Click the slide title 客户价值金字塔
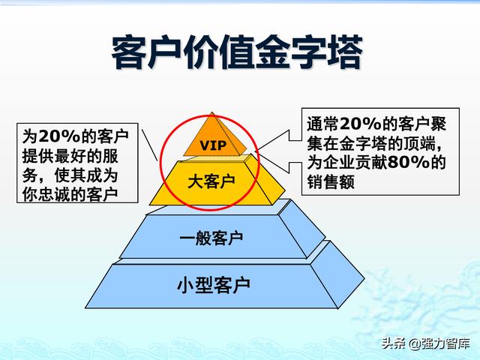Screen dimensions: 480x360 tap(237, 52)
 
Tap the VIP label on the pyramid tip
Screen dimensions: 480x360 tap(213, 145)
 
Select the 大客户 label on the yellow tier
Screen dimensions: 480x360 tap(211, 181)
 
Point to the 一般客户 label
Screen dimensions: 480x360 tap(211, 238)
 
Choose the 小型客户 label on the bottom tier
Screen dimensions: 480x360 tap(214, 285)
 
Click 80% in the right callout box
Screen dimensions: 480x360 tap(409, 162)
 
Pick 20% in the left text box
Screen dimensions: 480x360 tap(60, 136)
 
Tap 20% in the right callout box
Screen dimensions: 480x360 tap(361, 124)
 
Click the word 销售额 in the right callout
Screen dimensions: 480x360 tap(331, 181)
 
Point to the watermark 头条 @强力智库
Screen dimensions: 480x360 tap(426, 343)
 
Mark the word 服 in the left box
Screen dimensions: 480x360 tap(110, 156)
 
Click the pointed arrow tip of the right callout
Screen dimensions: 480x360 tap(256, 150)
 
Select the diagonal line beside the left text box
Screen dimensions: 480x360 tap(150, 145)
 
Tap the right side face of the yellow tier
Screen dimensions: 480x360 tap(265, 179)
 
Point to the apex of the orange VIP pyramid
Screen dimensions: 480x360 tap(211, 112)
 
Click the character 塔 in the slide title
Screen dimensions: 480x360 tap(345, 52)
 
